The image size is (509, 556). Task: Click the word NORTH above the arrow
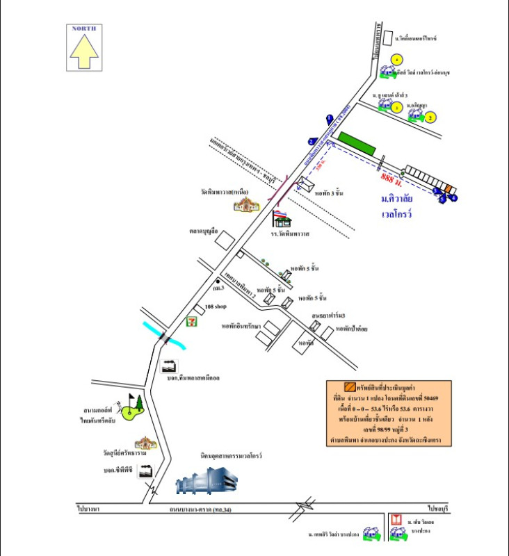pyautogui.click(x=83, y=28)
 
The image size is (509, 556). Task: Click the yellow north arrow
pyautogui.click(x=83, y=51)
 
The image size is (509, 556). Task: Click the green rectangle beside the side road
pyautogui.click(x=357, y=144)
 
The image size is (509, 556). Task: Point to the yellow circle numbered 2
pyautogui.click(x=430, y=117)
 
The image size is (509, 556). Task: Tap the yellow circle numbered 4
pyautogui.click(x=396, y=60)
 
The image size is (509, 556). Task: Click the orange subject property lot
pyautogui.click(x=449, y=189)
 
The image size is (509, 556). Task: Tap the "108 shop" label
pyautogui.click(x=216, y=306)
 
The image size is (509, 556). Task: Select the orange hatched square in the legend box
pyautogui.click(x=350, y=387)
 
